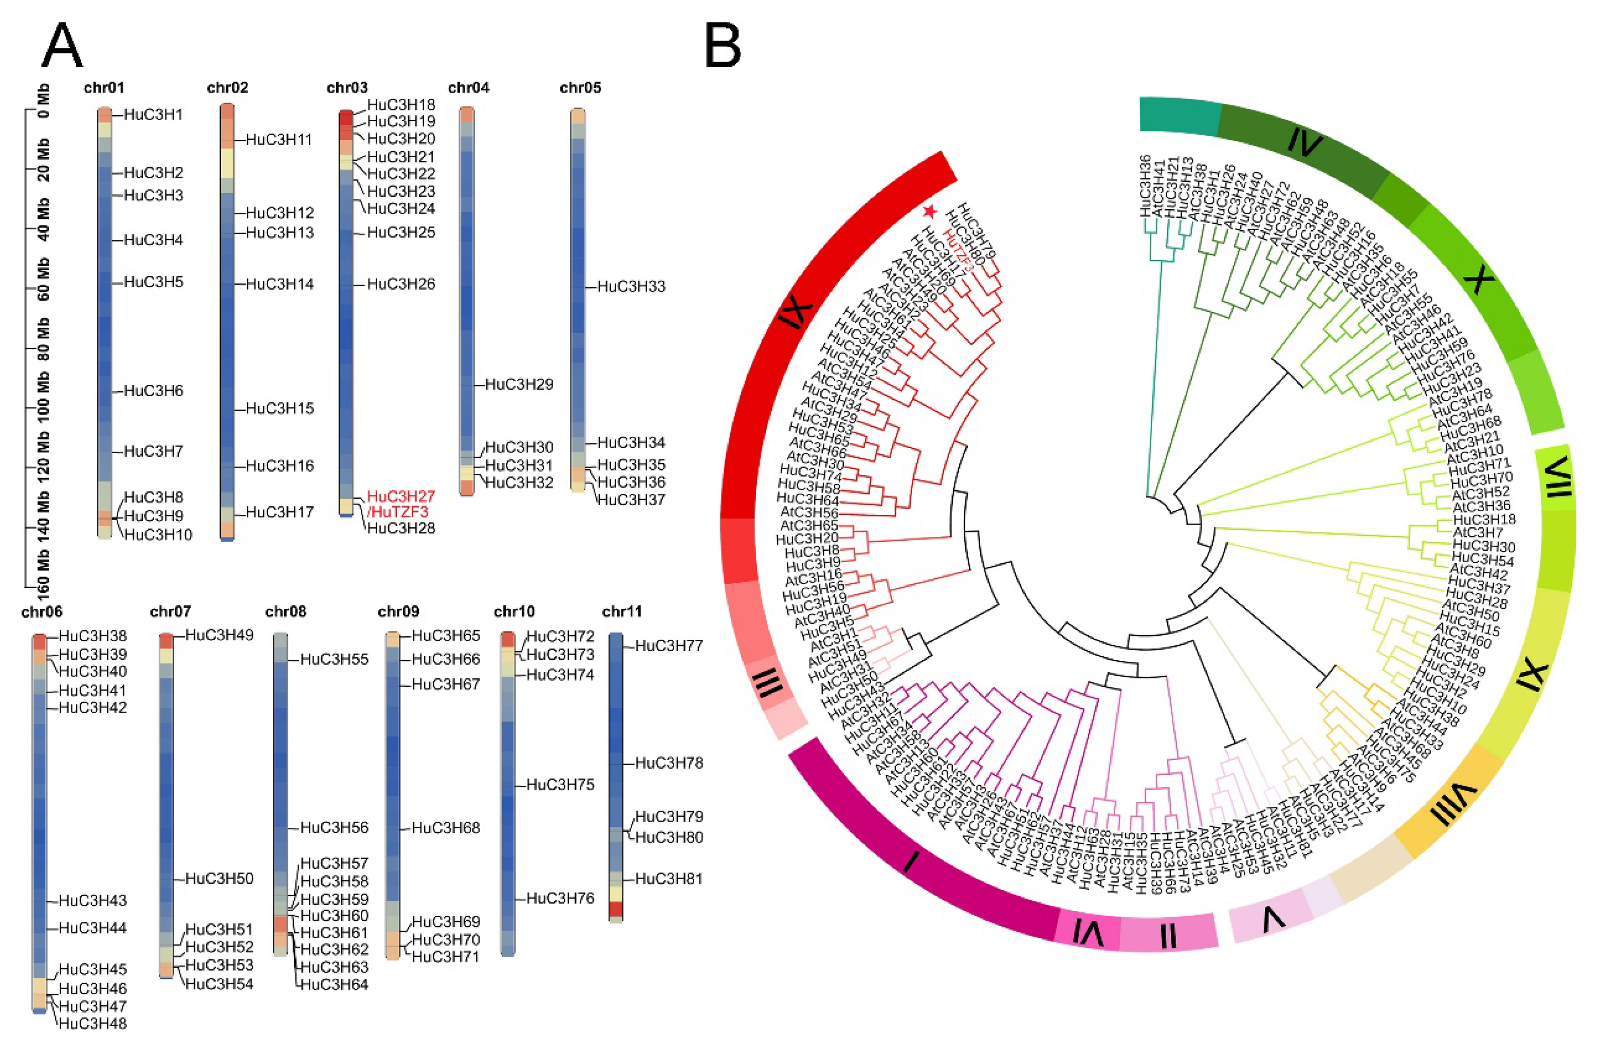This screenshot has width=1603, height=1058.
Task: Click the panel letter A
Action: pos(62,46)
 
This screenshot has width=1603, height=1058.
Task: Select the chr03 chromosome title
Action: pos(347,88)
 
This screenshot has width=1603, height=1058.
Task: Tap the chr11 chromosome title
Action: pos(622,611)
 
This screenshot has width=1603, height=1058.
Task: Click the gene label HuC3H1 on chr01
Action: pos(153,115)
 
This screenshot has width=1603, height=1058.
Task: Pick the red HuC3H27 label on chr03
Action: pos(401,496)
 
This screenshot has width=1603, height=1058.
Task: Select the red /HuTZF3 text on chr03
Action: pos(398,512)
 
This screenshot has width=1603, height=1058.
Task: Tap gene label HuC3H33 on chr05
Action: pos(631,287)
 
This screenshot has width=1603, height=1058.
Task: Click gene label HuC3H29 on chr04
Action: pos(519,384)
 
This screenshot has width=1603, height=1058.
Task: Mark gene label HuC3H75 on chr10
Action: pos(560,785)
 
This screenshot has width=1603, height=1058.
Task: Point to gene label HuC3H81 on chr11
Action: pos(669,879)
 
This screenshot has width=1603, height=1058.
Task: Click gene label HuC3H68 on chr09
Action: pos(446,828)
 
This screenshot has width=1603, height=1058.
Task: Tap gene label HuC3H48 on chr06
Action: pos(93,1024)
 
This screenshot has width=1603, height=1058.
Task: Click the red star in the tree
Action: pos(930,212)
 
